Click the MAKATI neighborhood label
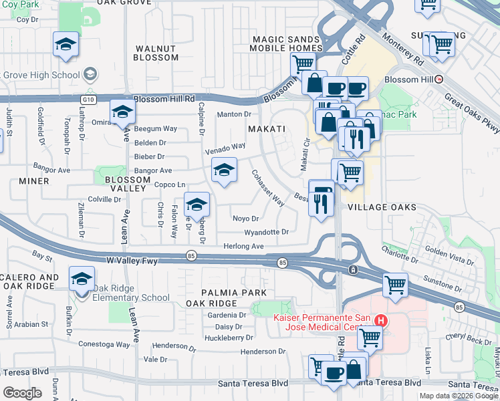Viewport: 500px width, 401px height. (x=267, y=128)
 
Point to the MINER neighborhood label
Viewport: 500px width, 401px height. (x=34, y=181)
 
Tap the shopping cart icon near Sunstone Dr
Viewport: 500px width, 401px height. (x=395, y=285)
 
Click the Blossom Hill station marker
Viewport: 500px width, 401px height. (x=439, y=79)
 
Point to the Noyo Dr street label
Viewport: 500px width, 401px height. (x=245, y=219)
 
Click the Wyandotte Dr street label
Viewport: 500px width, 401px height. (x=266, y=232)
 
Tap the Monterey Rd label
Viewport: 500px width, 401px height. (x=402, y=53)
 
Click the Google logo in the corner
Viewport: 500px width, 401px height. (x=23, y=393)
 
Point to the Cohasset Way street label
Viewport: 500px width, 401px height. (x=268, y=188)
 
